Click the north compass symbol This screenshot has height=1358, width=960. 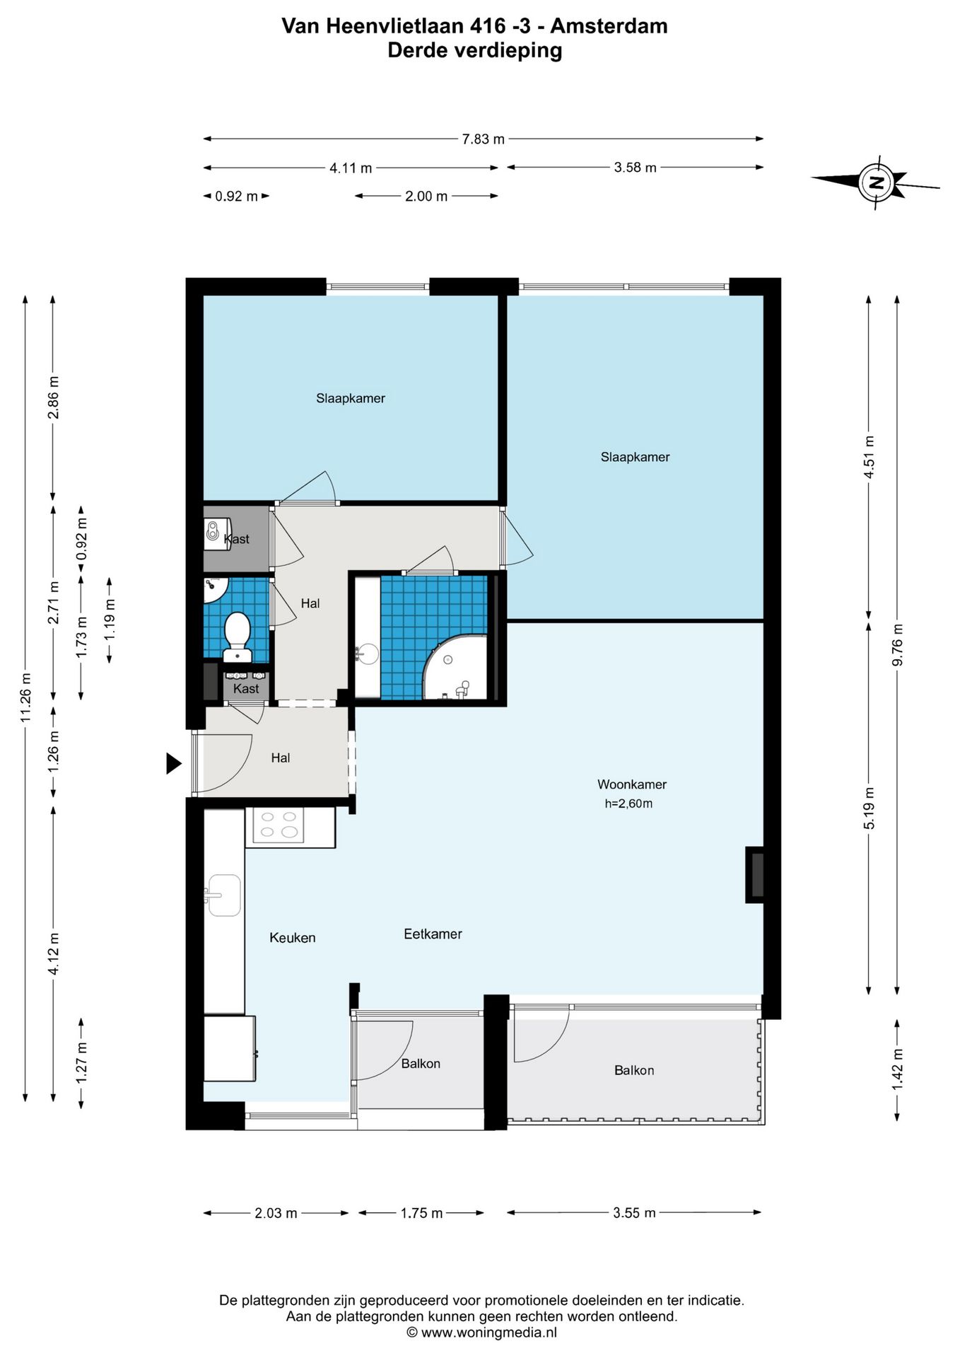click(876, 182)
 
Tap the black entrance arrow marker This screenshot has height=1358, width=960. click(173, 764)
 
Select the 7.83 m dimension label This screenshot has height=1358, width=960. click(484, 139)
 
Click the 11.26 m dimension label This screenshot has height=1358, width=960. click(25, 697)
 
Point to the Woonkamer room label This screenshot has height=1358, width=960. click(631, 784)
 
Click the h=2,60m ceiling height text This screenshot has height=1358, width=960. click(628, 803)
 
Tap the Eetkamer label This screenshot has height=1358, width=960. click(433, 934)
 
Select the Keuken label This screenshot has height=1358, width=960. click(292, 938)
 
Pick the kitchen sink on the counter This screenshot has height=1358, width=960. click(224, 895)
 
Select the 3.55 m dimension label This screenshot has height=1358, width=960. click(634, 1213)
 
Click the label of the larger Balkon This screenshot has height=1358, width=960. click(633, 1071)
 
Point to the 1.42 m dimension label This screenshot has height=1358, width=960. click(897, 1069)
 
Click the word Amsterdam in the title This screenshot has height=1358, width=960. click(609, 26)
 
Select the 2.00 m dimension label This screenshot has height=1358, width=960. click(426, 197)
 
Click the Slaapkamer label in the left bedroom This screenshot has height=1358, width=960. click(350, 399)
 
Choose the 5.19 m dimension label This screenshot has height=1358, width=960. click(870, 808)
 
